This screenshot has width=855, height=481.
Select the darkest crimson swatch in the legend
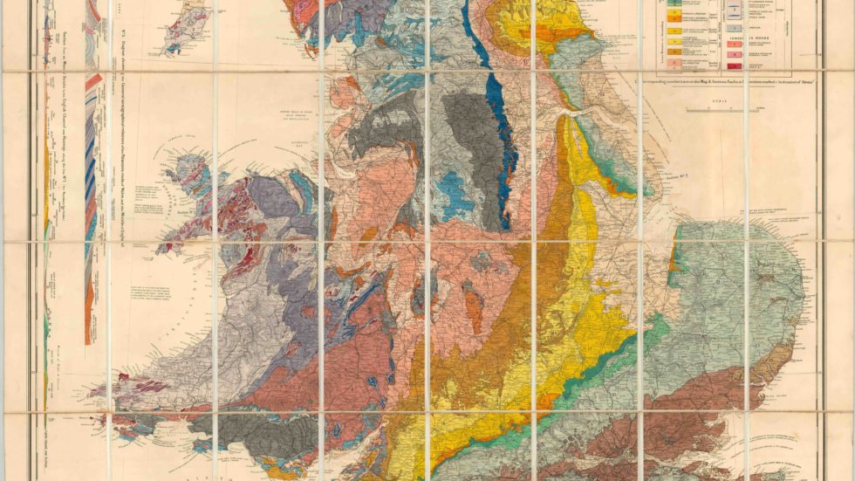pos(735,66)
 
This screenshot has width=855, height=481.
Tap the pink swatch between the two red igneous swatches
pos(735,54)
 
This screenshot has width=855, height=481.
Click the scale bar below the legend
pos(722,110)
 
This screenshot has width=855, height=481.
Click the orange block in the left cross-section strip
pos(90,319)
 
